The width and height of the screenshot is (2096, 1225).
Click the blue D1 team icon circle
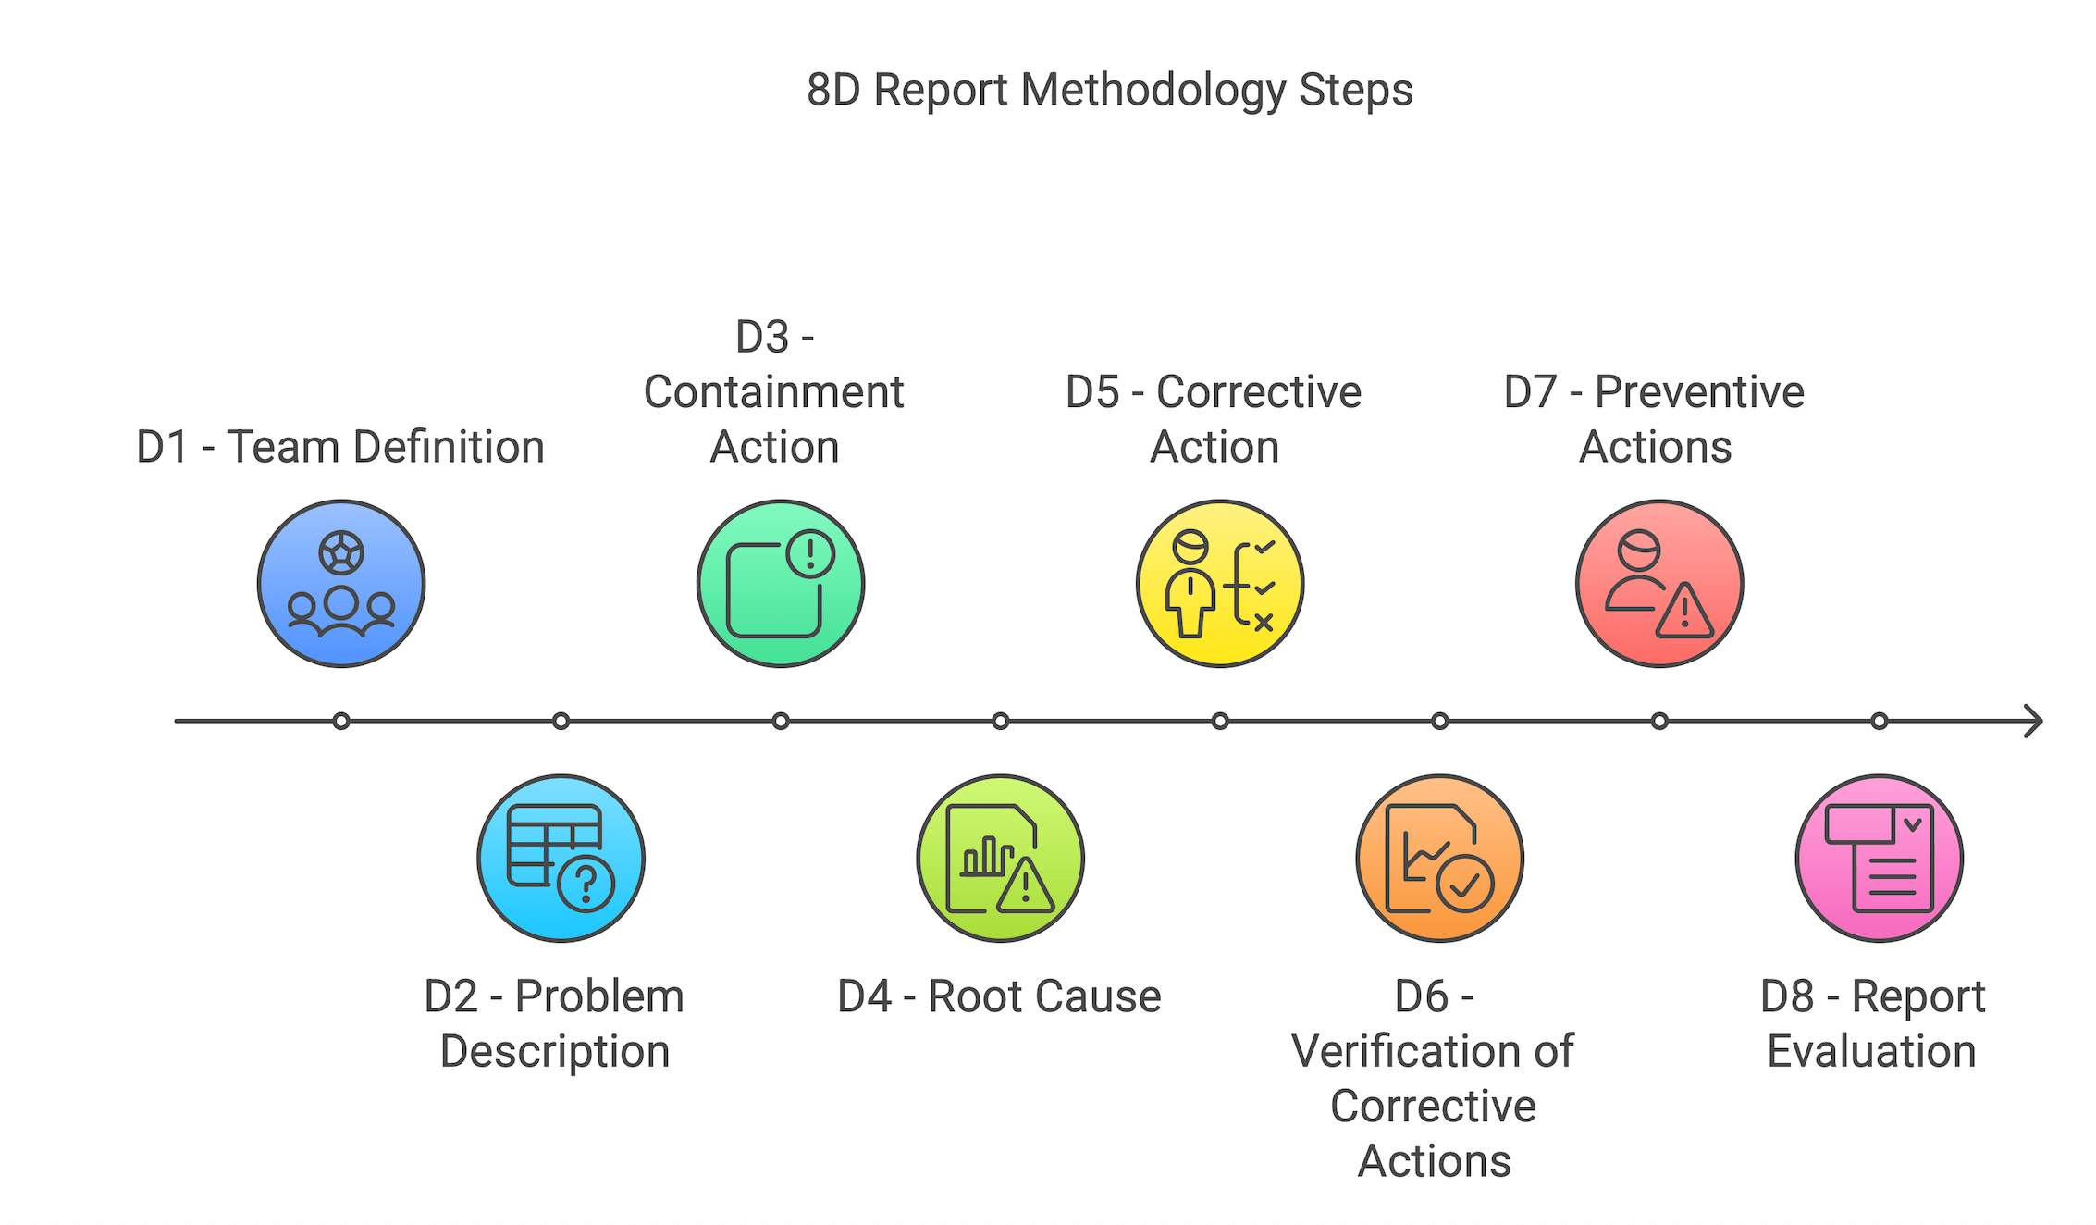tap(341, 584)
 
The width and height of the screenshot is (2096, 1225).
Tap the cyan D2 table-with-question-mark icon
tap(561, 859)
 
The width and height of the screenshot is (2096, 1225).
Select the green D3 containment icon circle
tap(781, 584)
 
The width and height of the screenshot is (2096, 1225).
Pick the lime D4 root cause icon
tap(1000, 859)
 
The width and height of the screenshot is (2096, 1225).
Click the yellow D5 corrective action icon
tap(1220, 584)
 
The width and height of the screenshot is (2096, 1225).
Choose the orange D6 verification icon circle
tap(1439, 859)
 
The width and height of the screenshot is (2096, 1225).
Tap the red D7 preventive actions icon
tap(1659, 584)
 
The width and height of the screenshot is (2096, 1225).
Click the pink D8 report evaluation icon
tap(1879, 859)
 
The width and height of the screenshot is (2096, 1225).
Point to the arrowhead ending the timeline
tap(2041, 721)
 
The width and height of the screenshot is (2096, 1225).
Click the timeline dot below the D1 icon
tap(341, 721)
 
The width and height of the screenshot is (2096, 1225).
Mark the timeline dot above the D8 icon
tap(1879, 721)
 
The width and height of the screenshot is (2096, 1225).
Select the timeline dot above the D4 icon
tap(1000, 721)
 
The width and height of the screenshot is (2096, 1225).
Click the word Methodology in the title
tap(1153, 92)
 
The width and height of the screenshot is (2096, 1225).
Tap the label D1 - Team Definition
tap(340, 447)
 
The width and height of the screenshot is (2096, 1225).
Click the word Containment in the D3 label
tap(774, 392)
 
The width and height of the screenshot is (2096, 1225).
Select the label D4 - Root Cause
tap(999, 996)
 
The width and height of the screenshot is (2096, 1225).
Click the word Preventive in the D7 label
tap(1700, 392)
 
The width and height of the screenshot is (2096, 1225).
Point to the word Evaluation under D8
tap(1871, 1051)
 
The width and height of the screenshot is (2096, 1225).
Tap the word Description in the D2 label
tap(555, 1052)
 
